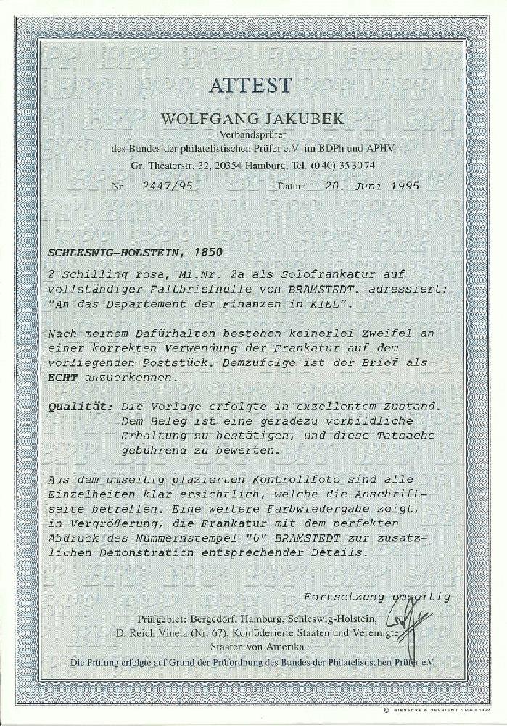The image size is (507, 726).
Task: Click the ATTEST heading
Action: [x=252, y=86]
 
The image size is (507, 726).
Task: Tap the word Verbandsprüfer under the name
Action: [x=252, y=134]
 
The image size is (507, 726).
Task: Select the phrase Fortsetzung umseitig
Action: [x=376, y=597]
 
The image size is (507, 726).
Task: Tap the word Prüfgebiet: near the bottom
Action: [x=162, y=619]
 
